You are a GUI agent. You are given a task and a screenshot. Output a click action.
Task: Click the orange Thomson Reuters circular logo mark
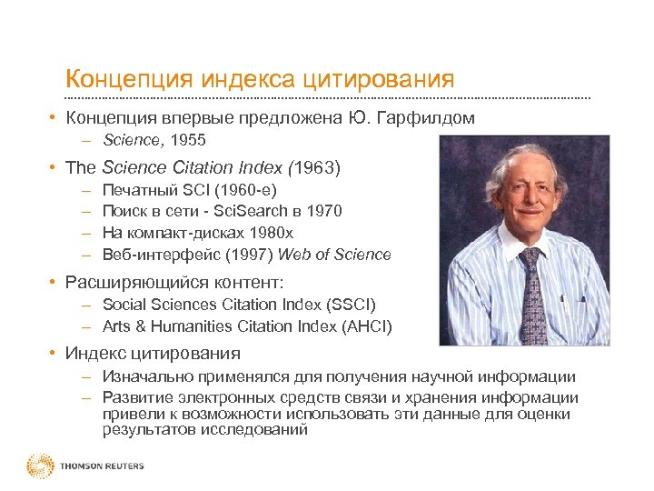point(40,466)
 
